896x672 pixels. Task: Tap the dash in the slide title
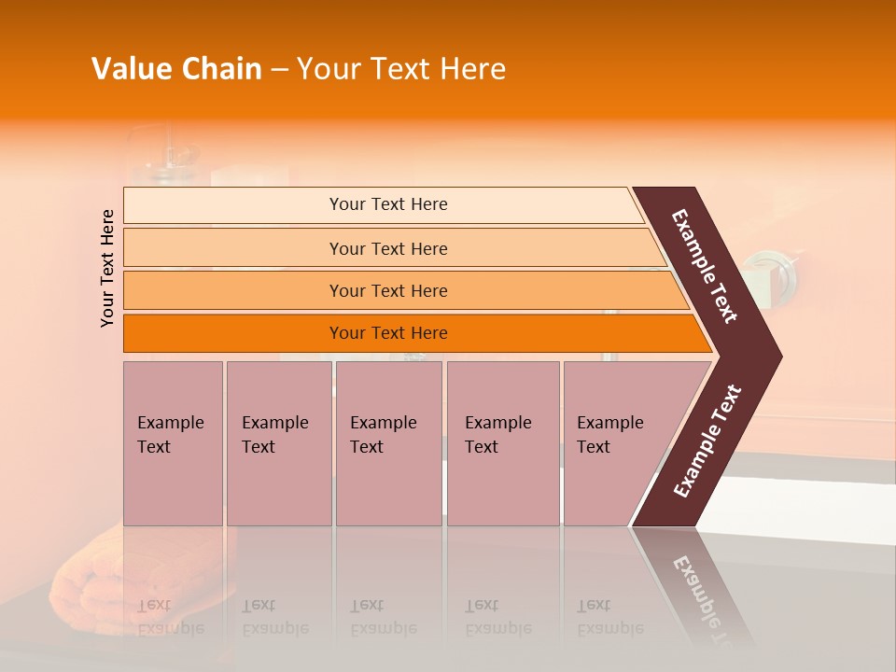pos(279,70)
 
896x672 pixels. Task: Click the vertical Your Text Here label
pos(107,268)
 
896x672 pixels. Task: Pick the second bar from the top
pos(387,248)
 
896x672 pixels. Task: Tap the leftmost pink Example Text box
pos(173,443)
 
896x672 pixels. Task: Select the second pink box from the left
pos(278,443)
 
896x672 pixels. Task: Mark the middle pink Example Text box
pos(388,443)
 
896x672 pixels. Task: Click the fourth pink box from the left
pos(503,443)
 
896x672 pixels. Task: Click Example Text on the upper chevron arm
pos(705,266)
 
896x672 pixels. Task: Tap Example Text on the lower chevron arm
pos(707,441)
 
